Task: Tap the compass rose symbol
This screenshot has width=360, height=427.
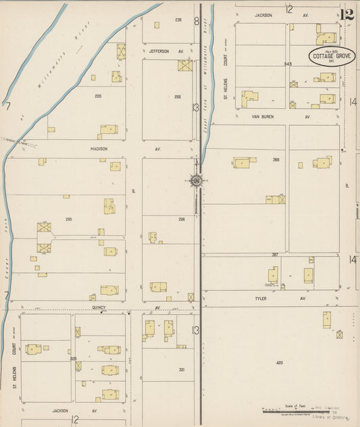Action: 197,180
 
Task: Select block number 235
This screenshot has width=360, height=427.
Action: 178,20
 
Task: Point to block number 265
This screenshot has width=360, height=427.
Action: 98,97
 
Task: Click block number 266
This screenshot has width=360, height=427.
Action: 178,97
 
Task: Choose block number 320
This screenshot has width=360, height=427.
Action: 73,359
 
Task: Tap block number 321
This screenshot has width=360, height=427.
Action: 182,370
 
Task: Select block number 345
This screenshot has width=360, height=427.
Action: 288,64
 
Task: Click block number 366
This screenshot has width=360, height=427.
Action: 276,159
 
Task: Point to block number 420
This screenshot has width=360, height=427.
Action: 280,363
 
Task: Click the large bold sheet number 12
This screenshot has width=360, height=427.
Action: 347,14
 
